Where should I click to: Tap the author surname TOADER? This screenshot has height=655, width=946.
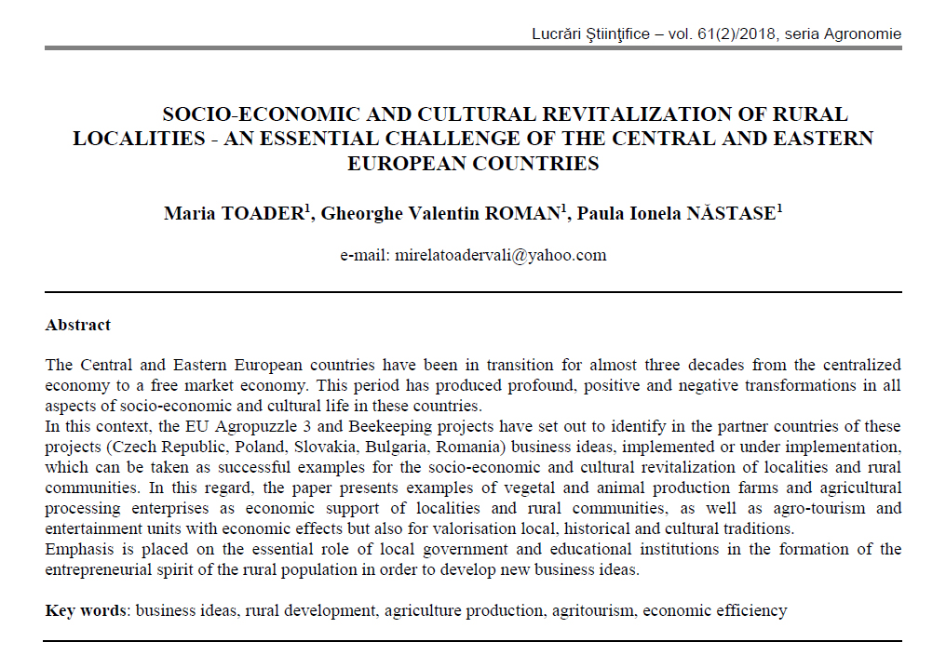[x=262, y=214]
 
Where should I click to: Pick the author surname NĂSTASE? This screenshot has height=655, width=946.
[x=730, y=214]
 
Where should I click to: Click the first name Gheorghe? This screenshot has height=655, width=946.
[x=358, y=214]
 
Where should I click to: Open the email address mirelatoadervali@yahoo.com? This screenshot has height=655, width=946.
[x=500, y=255]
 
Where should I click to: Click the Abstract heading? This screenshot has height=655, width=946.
[x=78, y=326]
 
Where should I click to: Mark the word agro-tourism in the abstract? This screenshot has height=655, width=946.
[x=809, y=509]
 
